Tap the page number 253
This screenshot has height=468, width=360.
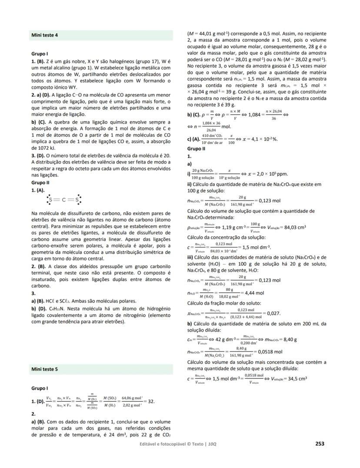click(320, 444)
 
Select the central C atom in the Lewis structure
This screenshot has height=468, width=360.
click(63, 200)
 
